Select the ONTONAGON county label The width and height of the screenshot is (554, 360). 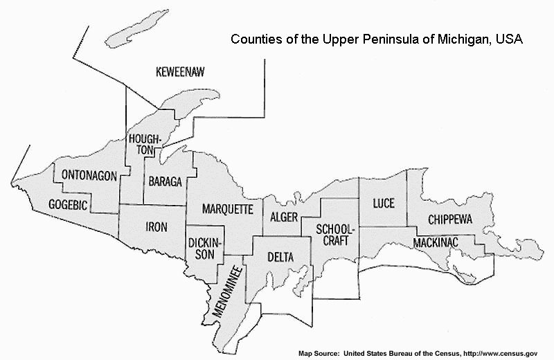(89, 175)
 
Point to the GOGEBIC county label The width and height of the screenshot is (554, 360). (68, 204)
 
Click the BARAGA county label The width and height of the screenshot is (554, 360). (165, 181)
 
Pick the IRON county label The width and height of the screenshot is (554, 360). (156, 226)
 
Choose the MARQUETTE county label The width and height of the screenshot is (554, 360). (228, 208)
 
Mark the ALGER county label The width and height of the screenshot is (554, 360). (284, 218)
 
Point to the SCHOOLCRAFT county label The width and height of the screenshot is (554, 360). (335, 234)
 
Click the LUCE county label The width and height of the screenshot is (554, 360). (383, 204)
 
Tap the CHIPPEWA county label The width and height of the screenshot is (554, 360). (449, 219)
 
